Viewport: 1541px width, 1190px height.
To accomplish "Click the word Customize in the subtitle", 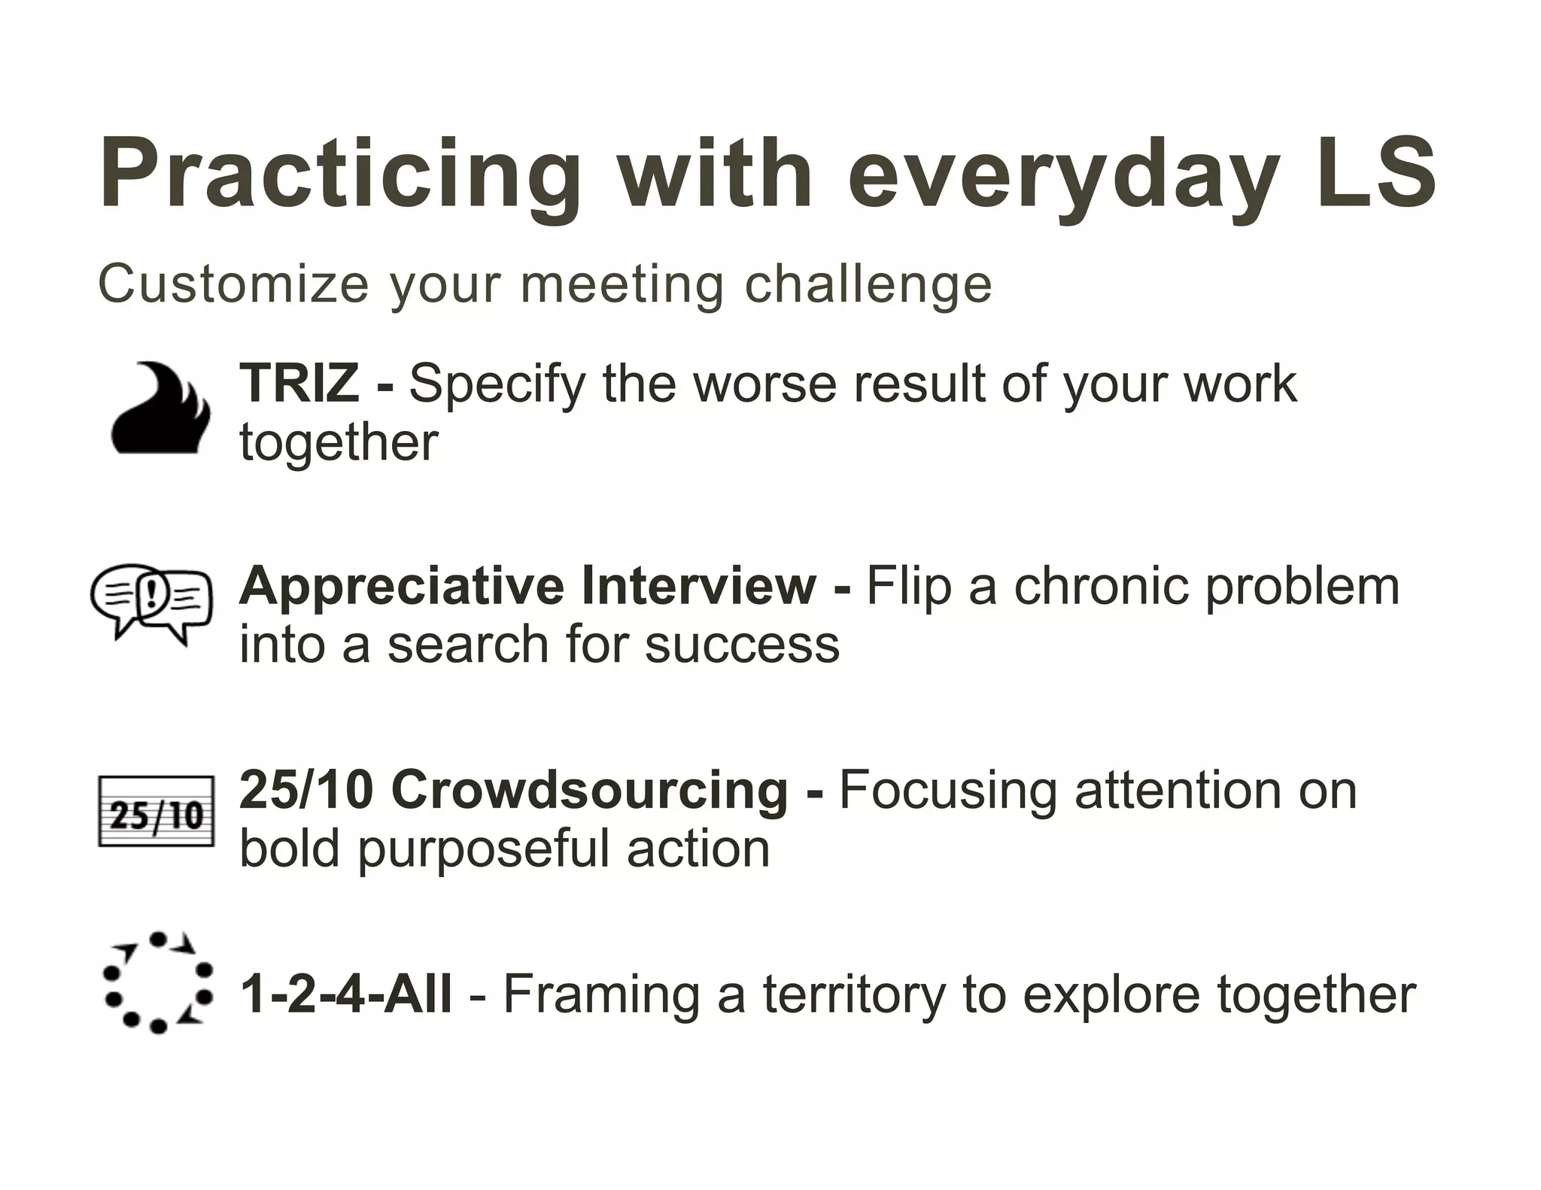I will (233, 284).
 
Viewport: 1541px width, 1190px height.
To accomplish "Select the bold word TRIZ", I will (299, 382).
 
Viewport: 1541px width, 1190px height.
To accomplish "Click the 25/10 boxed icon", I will (157, 812).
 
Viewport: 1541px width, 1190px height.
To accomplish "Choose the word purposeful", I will (482, 850).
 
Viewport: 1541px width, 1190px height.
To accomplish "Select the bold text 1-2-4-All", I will (345, 994).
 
